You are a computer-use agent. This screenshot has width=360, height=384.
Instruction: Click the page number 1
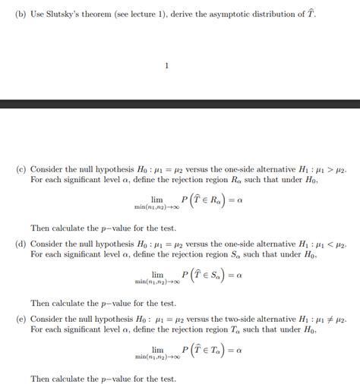point(166,65)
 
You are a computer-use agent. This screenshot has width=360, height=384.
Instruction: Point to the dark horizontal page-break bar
point(180,103)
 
